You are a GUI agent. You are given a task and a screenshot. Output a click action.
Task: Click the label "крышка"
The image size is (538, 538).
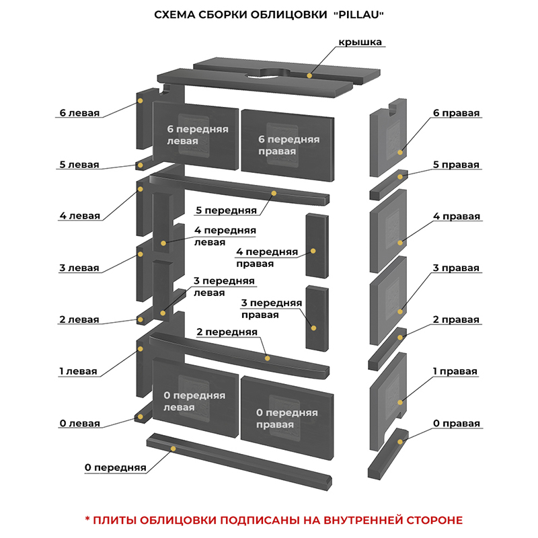pos(360,42)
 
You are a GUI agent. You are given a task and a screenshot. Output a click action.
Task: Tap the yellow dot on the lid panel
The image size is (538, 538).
pos(310,75)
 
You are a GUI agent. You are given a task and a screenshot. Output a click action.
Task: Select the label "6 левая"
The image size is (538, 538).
pos(79,113)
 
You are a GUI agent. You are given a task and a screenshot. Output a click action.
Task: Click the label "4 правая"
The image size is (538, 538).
pos(457,217)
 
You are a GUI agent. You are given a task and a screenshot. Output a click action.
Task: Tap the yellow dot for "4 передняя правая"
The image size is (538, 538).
pos(313,252)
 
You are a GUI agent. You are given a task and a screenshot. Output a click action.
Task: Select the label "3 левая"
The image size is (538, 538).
pos(79,268)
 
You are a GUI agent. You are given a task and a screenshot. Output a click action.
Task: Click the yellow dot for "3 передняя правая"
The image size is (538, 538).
pos(313,328)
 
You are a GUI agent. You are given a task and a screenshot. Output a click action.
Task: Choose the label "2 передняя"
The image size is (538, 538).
pos(227,332)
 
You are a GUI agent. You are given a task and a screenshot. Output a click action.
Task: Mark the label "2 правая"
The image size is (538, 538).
pos(457,319)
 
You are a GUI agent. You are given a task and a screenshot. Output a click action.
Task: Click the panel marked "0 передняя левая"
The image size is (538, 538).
pos(194,401)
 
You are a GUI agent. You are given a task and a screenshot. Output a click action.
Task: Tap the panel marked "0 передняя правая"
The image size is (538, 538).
pos(286,418)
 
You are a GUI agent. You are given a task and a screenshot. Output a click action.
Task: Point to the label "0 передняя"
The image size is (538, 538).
pos(116,467)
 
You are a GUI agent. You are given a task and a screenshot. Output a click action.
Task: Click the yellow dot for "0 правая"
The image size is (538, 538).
pos(401,441)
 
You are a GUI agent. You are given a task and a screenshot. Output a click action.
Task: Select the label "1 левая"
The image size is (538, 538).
pos(78,371)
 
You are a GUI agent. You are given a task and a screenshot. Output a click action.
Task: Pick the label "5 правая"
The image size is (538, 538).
pos(457,165)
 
